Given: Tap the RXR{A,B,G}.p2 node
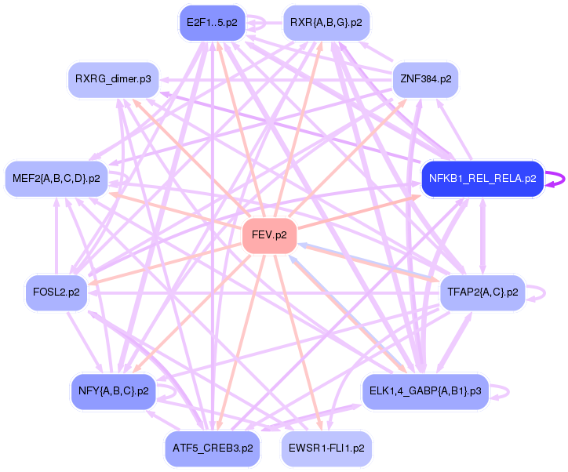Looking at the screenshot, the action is (326, 23).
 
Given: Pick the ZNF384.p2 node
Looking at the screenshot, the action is (425, 79).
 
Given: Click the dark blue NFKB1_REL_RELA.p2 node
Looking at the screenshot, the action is (482, 179).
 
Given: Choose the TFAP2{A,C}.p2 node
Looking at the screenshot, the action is (482, 292).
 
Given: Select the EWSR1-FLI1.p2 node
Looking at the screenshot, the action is (326, 448).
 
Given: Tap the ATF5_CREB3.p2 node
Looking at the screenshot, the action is (210, 448).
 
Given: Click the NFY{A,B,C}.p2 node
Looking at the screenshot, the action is (114, 390).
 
